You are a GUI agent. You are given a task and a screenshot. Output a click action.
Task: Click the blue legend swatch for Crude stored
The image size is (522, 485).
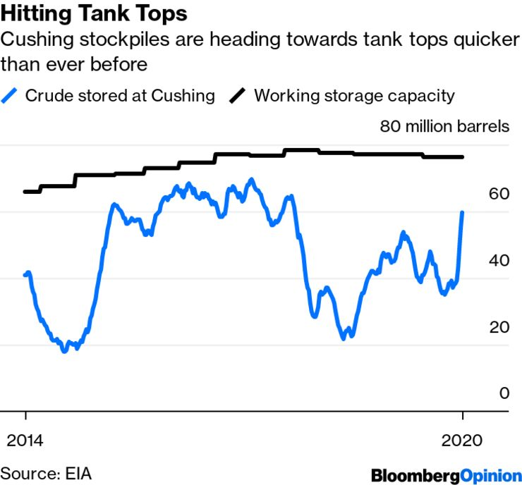[11, 95]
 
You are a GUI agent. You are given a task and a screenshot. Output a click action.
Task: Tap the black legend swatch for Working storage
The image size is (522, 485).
[238, 95]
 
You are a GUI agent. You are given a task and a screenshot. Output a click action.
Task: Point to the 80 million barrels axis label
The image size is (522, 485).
[444, 127]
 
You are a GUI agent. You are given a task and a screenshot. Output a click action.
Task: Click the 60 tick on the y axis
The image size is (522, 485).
[499, 193]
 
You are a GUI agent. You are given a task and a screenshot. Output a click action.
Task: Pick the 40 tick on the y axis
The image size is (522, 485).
[499, 260]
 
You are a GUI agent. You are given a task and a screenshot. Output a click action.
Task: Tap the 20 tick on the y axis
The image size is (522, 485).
[499, 327]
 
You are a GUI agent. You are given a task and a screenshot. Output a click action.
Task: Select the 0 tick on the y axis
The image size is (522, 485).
[504, 393]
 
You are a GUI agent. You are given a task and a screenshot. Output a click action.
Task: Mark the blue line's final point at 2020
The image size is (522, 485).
[462, 212]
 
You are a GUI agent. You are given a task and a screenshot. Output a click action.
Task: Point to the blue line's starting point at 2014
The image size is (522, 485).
[26, 274]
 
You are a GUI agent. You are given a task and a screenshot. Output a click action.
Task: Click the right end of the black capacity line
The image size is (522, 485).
[462, 156]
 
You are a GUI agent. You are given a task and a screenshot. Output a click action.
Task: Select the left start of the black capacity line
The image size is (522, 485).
[25, 191]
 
